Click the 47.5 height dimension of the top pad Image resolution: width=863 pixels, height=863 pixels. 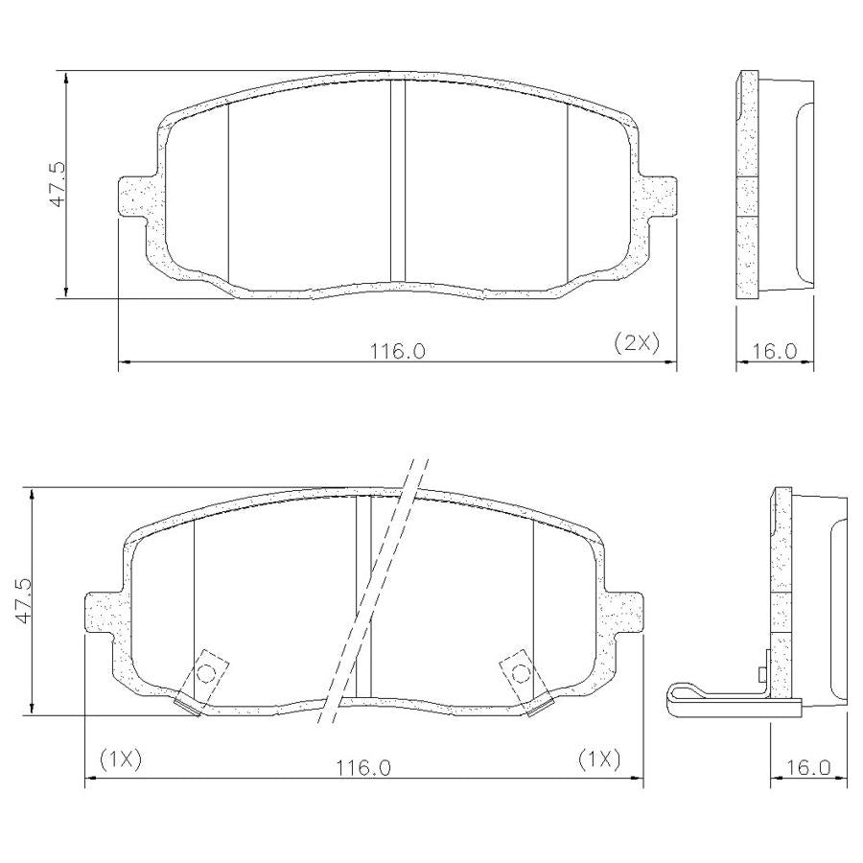(58, 184)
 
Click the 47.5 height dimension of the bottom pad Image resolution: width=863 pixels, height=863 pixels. (25, 600)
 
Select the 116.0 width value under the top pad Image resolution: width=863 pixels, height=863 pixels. (397, 351)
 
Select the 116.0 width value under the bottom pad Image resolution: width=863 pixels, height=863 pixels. (363, 767)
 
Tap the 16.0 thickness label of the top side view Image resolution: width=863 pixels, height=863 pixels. (775, 351)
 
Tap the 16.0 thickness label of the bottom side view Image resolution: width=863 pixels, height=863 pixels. (808, 767)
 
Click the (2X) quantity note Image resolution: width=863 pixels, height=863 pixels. (637, 343)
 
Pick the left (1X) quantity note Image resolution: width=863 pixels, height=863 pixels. (121, 759)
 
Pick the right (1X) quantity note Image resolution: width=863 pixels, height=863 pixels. (599, 759)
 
